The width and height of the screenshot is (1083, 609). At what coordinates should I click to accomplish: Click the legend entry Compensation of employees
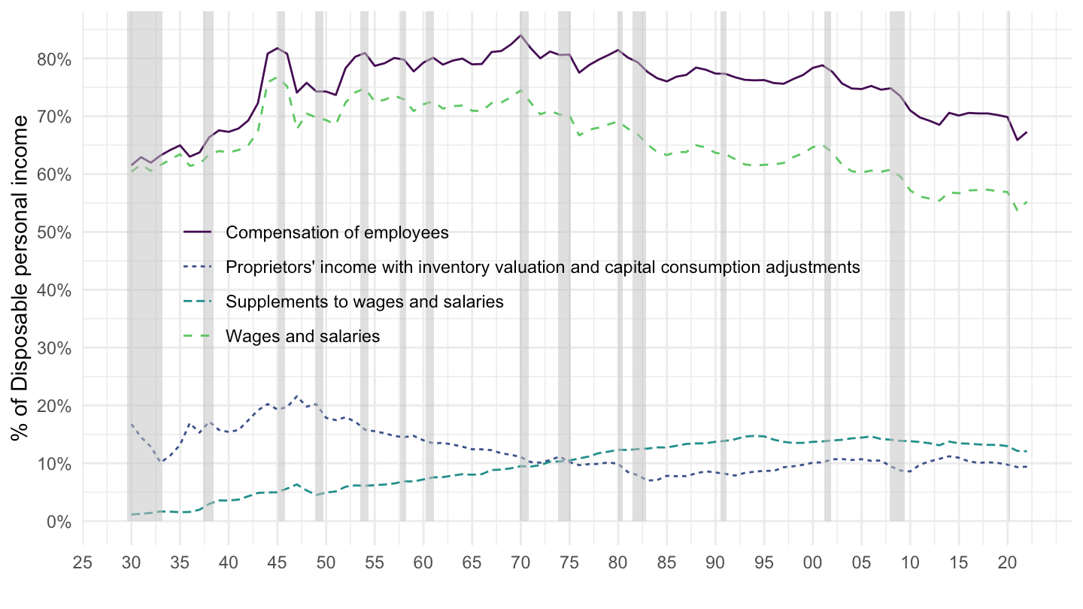point(337,232)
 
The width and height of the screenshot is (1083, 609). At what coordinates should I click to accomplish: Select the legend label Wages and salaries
point(302,336)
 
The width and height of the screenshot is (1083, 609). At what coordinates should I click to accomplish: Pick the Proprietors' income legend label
point(542,267)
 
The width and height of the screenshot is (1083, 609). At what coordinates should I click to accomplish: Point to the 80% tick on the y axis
point(54,59)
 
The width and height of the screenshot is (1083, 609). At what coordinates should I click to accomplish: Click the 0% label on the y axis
point(59,521)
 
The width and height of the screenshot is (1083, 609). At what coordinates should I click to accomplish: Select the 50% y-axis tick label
point(54,232)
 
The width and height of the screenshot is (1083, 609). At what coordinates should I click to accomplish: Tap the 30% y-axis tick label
point(54,348)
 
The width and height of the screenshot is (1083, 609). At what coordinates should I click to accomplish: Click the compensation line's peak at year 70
point(520,35)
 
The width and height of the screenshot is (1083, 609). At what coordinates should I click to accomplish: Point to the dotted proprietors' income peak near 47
point(297,395)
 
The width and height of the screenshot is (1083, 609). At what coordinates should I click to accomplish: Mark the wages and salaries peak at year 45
point(278,77)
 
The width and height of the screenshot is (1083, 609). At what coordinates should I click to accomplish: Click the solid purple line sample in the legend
point(199,232)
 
